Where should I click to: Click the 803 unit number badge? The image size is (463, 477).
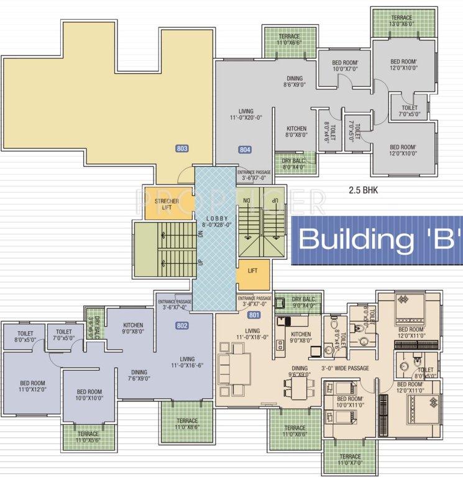click(x=182, y=148)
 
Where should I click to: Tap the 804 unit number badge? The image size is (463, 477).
click(x=245, y=150)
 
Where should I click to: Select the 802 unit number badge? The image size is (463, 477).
click(x=182, y=325)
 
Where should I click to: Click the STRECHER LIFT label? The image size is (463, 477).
click(x=167, y=204)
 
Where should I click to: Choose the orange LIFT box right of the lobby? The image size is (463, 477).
click(x=252, y=271)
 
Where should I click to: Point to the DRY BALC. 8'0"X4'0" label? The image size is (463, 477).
click(x=295, y=163)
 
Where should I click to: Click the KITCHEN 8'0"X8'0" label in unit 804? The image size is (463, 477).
click(x=296, y=132)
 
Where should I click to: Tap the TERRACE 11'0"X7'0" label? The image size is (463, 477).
click(x=350, y=460)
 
